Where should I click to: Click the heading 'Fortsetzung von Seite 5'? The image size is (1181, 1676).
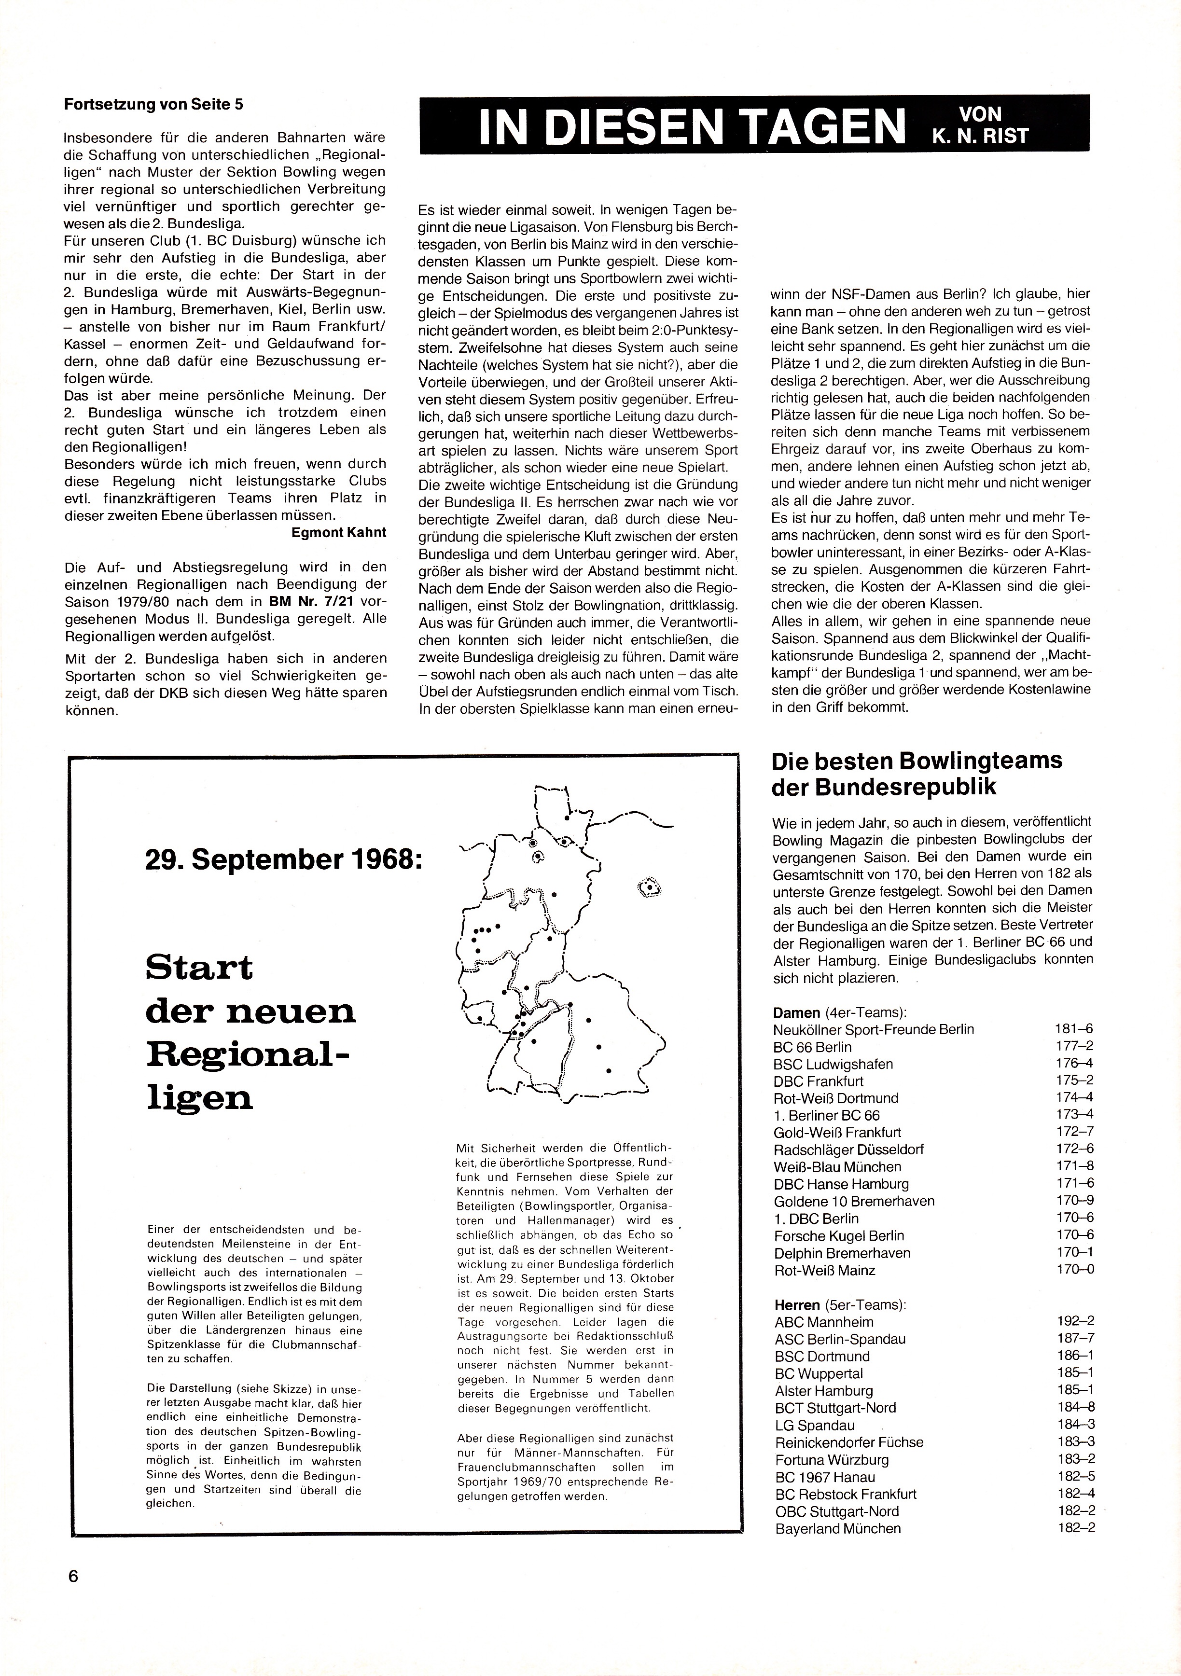(x=153, y=104)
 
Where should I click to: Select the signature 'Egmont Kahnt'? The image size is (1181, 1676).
(x=339, y=532)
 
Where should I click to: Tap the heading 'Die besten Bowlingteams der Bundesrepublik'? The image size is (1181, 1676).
(x=917, y=774)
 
